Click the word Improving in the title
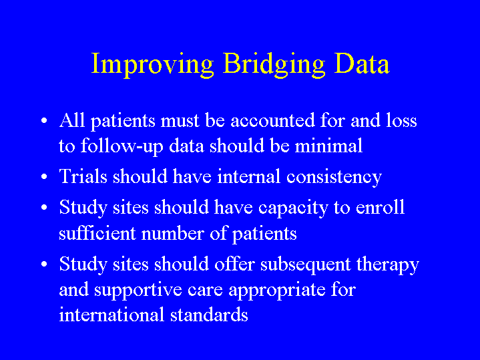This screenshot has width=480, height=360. click(x=152, y=63)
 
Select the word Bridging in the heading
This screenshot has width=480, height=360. click(x=274, y=63)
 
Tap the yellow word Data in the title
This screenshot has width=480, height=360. click(x=362, y=63)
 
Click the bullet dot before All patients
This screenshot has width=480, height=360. click(x=44, y=120)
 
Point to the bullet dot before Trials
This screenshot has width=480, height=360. click(x=44, y=177)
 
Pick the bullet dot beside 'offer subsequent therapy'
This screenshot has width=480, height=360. click(x=44, y=264)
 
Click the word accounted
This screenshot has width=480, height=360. click(x=272, y=120)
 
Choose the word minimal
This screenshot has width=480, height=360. click(x=328, y=145)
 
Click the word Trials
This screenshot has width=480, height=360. click(x=83, y=176)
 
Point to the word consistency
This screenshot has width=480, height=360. click(x=334, y=178)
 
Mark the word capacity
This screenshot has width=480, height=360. click(x=293, y=208)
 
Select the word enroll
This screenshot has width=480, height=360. click(x=380, y=207)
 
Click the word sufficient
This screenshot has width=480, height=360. click(x=97, y=233)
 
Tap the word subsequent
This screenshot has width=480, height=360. click(x=305, y=264)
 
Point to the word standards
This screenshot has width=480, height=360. click(x=209, y=315)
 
